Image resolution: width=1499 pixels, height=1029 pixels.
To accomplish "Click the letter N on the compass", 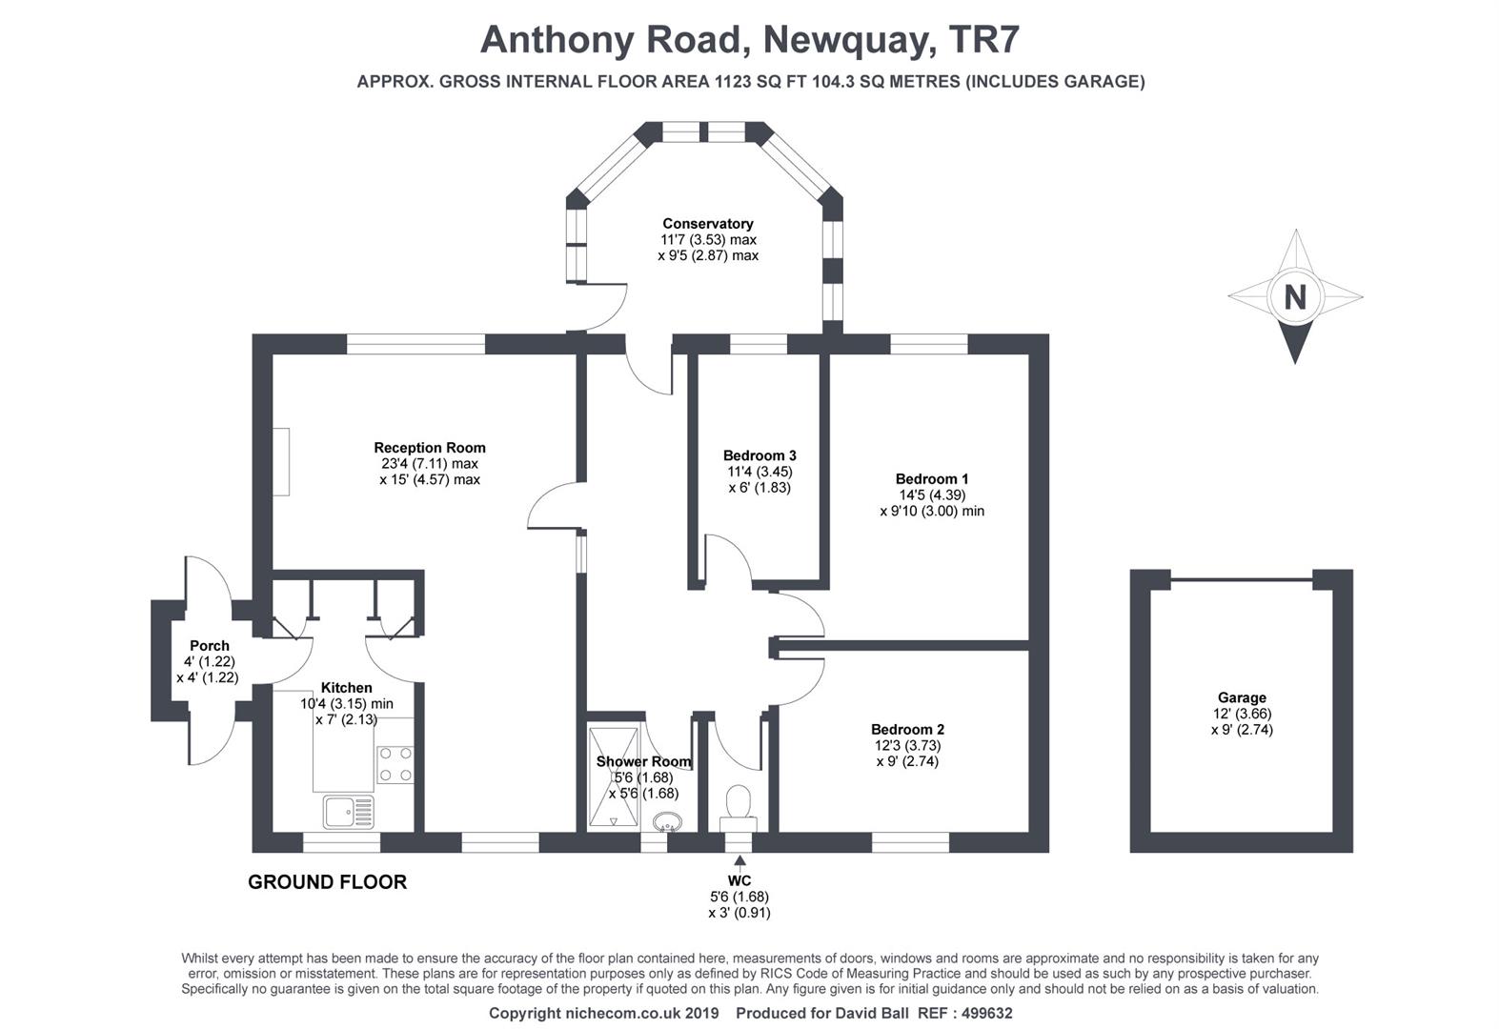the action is click(1294, 298).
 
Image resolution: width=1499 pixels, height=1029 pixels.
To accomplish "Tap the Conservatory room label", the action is click(708, 224).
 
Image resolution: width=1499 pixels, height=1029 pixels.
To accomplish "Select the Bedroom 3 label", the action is click(759, 455).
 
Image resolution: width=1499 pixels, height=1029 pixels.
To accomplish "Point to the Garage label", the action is click(1241, 697).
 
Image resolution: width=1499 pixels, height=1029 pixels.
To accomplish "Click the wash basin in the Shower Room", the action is click(668, 820).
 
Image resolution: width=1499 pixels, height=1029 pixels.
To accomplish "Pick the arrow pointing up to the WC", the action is click(739, 862).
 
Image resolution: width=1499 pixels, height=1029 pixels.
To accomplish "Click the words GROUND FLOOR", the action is click(327, 882).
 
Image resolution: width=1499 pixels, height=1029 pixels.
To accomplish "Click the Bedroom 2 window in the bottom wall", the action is click(910, 842).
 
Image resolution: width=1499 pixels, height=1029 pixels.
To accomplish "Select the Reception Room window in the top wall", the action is click(415, 344).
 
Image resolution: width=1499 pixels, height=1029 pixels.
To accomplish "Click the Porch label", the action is click(209, 646).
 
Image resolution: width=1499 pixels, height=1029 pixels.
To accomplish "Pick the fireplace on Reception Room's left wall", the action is click(281, 461).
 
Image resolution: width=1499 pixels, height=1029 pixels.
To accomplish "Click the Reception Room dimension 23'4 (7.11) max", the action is click(430, 464).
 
